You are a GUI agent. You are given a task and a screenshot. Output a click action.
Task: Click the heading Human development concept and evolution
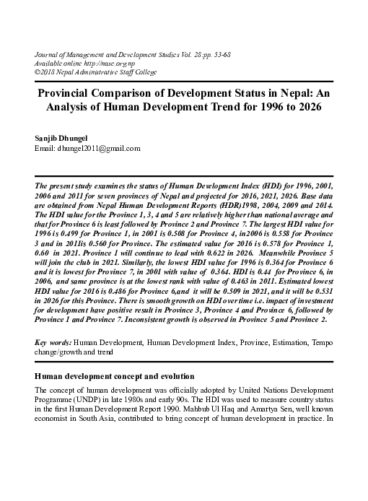click(x=113, y=377)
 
